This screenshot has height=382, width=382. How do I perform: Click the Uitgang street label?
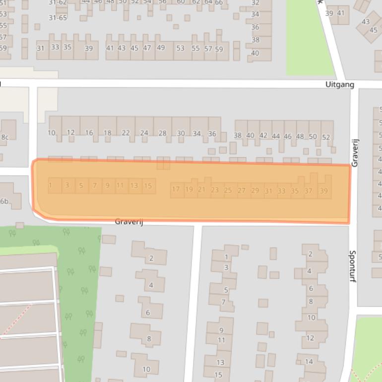(340, 84)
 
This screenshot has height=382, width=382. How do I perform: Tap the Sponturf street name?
(353, 266)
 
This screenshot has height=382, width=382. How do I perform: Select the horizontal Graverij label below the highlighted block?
(129, 222)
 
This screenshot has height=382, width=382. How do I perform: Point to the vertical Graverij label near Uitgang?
(355, 153)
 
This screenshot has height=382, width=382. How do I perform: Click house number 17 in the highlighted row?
(176, 189)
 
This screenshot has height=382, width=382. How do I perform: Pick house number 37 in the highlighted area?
(309, 191)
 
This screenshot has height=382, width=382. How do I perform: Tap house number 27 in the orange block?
(242, 190)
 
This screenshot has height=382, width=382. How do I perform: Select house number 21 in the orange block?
(201, 189)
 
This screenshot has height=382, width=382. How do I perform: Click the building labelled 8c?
(5, 137)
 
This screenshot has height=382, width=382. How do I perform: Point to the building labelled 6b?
(4, 201)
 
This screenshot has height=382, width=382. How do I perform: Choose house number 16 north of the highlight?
(89, 132)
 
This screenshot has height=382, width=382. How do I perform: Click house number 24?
(144, 133)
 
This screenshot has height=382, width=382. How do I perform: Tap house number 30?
(181, 133)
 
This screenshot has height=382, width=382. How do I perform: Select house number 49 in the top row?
(160, 48)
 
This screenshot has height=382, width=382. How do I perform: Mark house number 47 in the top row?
(147, 48)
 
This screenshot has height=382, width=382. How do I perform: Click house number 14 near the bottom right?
(309, 362)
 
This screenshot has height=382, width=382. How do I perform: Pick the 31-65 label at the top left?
(58, 18)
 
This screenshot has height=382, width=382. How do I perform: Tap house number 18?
(108, 132)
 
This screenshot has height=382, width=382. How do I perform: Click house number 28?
(162, 133)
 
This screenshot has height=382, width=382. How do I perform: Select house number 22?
(126, 132)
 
